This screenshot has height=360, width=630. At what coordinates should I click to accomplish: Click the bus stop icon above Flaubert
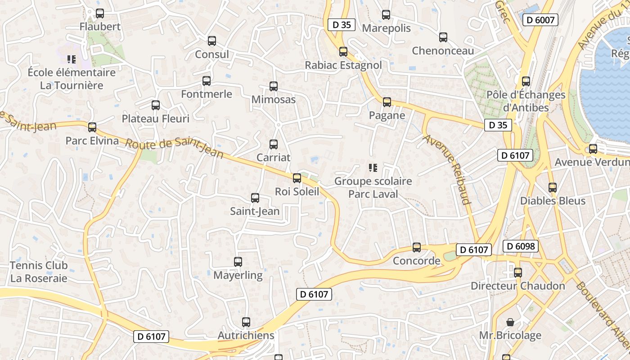click(100, 13)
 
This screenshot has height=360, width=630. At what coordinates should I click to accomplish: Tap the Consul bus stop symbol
click(212, 41)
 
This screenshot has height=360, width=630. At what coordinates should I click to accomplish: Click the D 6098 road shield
click(521, 246)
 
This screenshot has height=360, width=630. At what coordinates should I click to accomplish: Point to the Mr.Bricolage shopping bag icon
click(510, 322)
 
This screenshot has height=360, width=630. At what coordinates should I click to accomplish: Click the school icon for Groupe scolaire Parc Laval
click(373, 168)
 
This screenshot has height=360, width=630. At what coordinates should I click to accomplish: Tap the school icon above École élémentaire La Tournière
click(71, 59)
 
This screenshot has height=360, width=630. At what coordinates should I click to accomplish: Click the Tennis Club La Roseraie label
click(39, 272)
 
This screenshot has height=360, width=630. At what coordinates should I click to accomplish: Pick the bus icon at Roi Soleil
click(297, 178)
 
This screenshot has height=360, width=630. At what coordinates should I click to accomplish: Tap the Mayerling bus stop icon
click(238, 262)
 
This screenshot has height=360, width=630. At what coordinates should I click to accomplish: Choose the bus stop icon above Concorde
click(417, 247)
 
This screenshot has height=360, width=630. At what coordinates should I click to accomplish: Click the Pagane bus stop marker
click(387, 102)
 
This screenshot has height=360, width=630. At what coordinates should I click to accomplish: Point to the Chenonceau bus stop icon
click(443, 37)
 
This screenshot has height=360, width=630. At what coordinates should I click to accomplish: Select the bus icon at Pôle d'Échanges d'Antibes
click(526, 81)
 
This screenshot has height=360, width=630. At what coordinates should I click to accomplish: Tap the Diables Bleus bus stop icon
click(553, 188)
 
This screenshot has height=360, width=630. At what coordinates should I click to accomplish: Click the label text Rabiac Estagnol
click(343, 65)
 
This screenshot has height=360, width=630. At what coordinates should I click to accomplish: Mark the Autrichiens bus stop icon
click(246, 322)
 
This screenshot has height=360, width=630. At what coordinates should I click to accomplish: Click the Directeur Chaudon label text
click(518, 286)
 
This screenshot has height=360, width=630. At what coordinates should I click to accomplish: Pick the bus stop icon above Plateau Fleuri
click(156, 105)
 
